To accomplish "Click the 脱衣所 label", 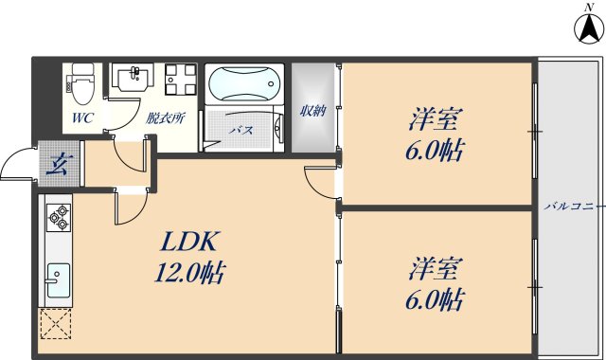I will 165,119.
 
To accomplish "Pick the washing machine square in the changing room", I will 178,80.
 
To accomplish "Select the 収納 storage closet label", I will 312,111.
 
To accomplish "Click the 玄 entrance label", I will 59,162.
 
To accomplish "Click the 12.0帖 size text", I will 189,276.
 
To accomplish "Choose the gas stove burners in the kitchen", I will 59,217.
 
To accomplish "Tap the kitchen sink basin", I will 57,279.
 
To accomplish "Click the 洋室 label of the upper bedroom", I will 436,120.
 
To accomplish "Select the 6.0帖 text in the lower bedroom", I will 436,302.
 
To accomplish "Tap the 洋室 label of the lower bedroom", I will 436,268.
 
